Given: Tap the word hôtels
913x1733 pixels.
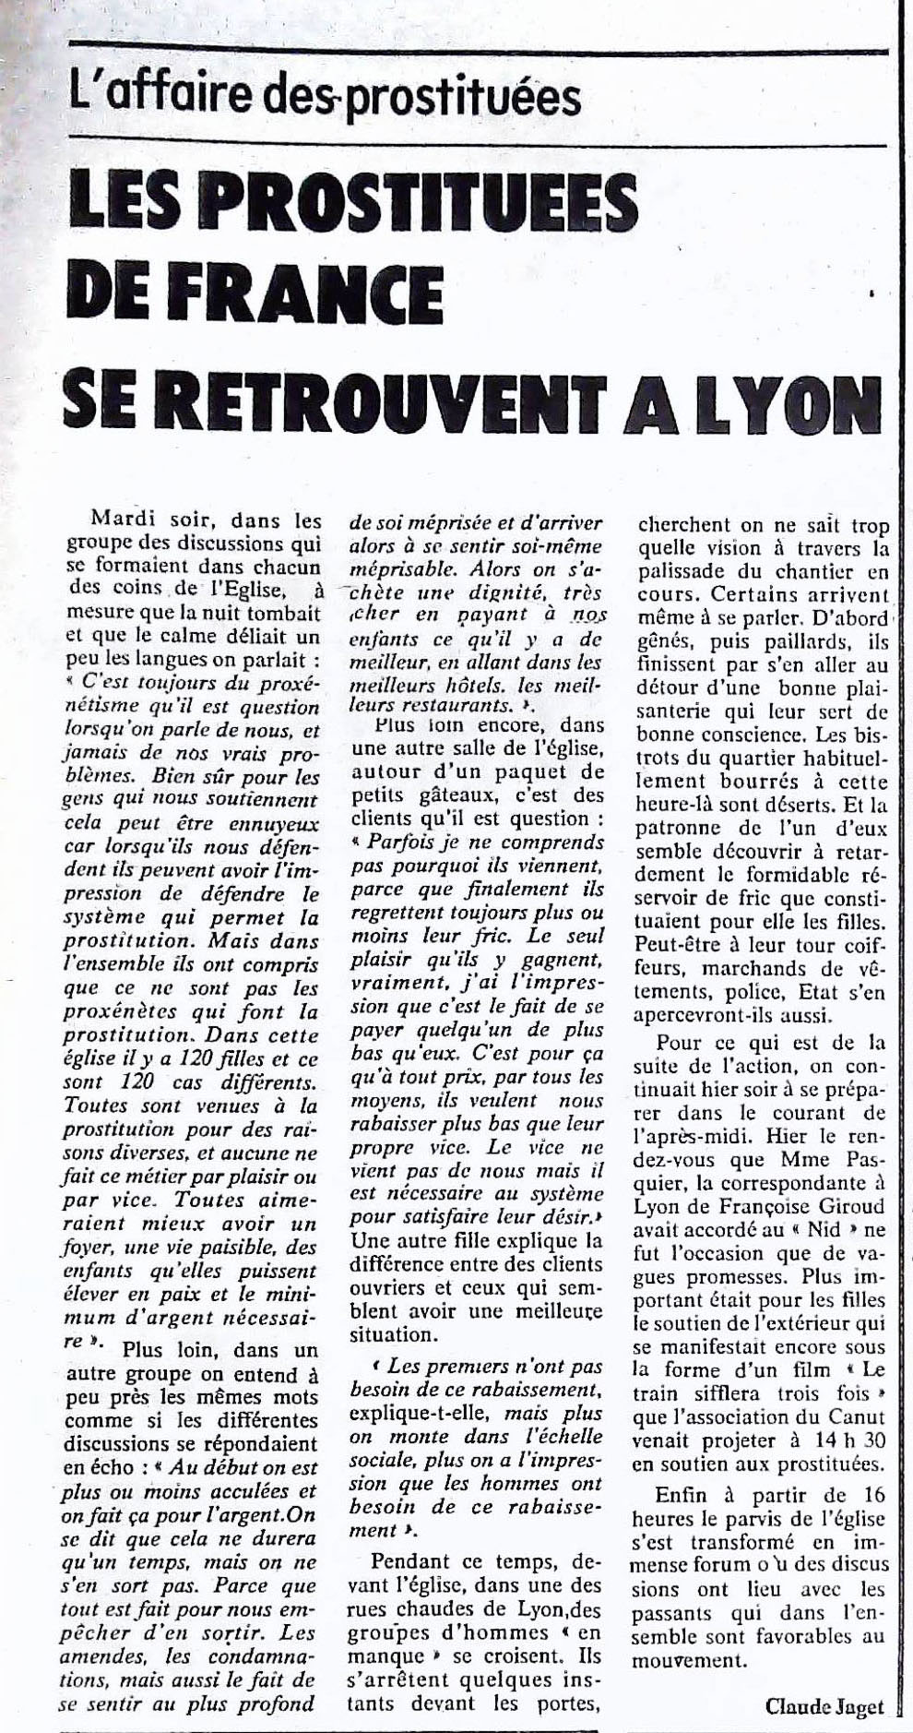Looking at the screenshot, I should (467, 683).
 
